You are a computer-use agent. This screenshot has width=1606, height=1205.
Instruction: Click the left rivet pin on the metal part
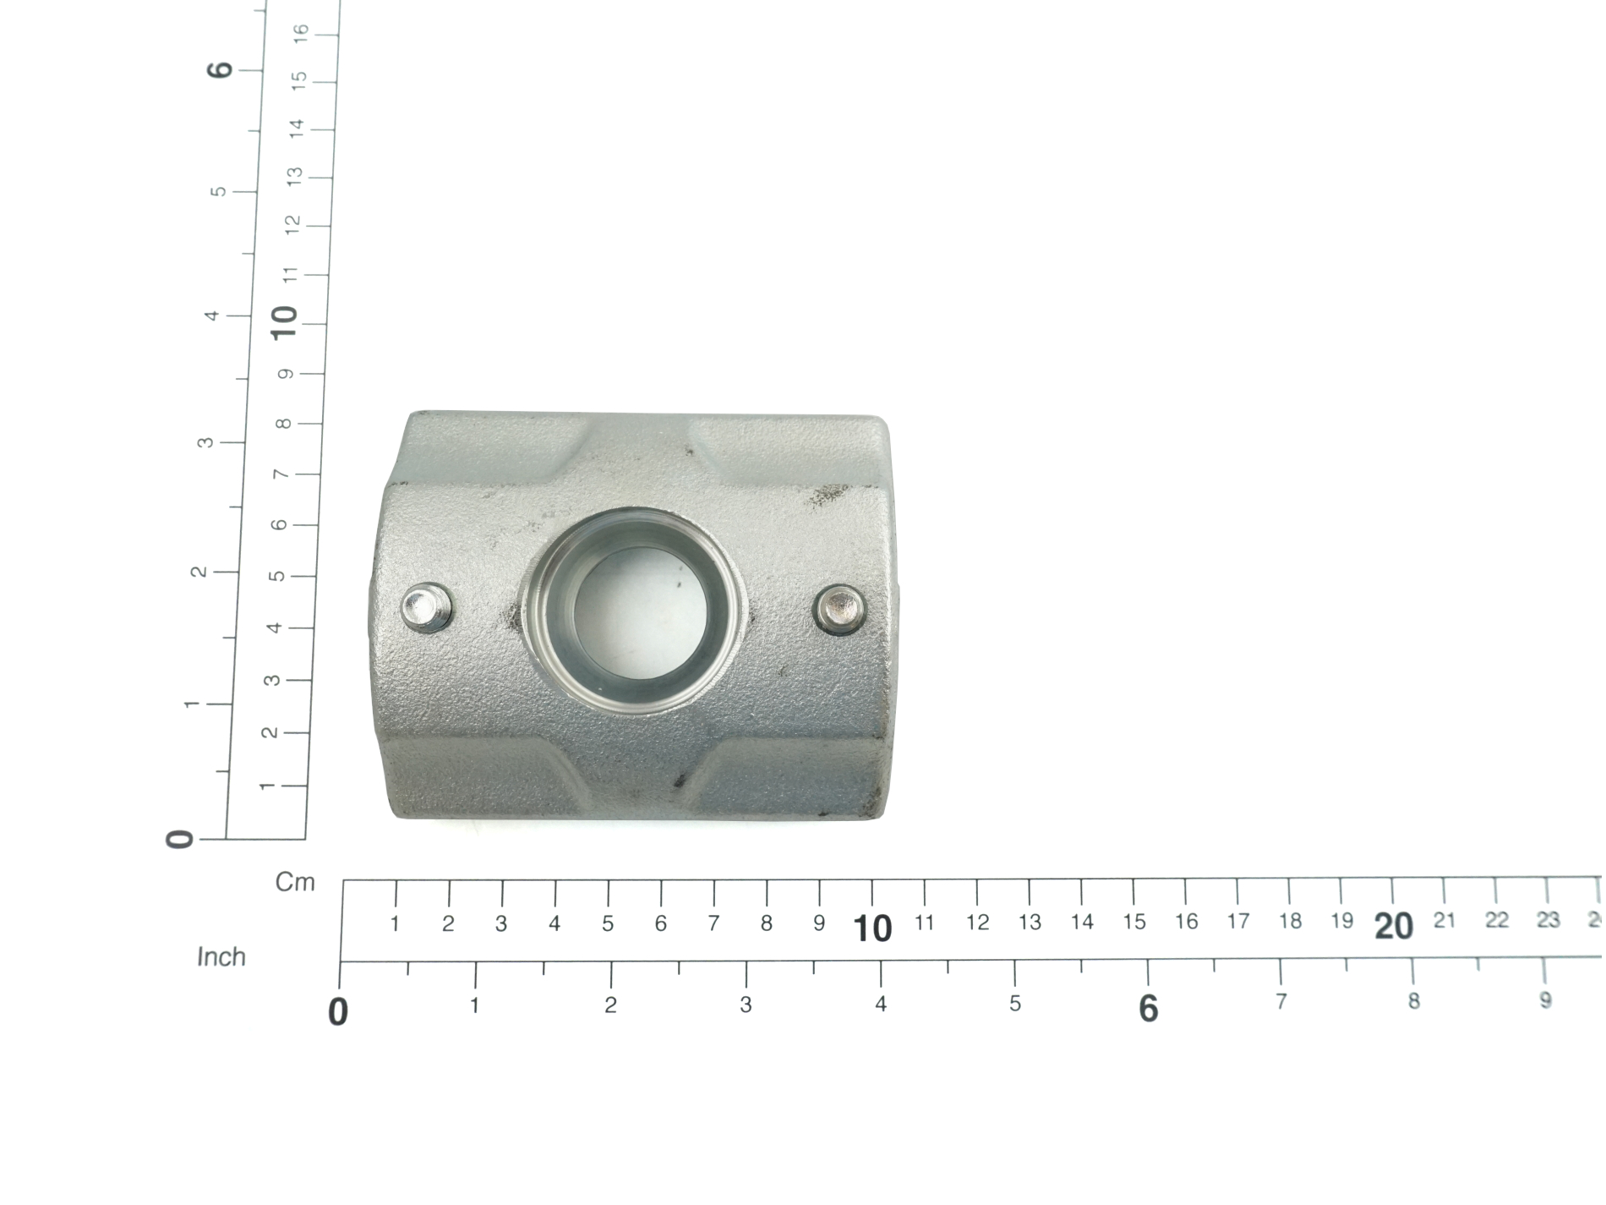pos(425,607)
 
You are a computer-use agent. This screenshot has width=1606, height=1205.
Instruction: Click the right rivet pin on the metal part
pos(840,607)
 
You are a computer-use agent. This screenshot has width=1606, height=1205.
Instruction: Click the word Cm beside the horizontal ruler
pos(295,883)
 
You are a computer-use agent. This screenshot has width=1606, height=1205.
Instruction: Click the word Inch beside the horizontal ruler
pos(221,957)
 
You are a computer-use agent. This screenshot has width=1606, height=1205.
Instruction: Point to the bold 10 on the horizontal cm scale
pos(872,928)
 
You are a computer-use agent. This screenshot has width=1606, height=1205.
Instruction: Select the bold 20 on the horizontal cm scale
pos(1394,927)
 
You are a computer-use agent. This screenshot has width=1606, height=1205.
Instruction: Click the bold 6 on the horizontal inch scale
pos(1148,1008)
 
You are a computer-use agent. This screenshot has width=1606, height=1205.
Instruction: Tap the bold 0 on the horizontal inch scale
pos(338,1011)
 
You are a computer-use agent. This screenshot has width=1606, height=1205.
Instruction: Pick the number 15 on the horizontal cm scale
pos(1134,922)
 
